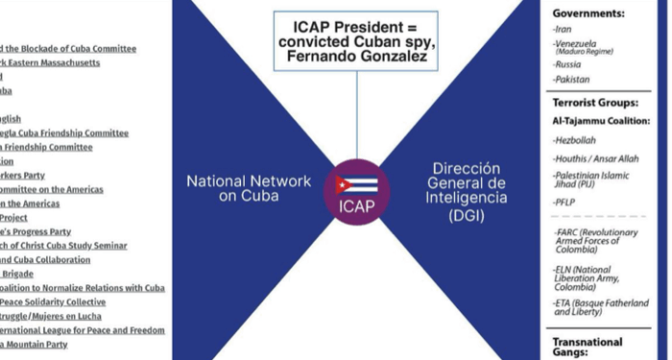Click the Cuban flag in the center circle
pyautogui.click(x=356, y=185)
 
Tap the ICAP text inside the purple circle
pyautogui.click(x=356, y=205)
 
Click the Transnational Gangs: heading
pyautogui.click(x=588, y=347)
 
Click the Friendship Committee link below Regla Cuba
pyautogui.click(x=49, y=147)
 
